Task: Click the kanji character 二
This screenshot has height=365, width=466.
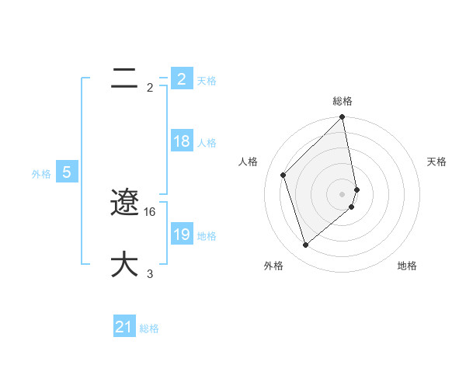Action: point(124,78)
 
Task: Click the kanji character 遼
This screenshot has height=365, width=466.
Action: point(124,203)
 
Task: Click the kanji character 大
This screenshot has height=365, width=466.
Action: point(124,264)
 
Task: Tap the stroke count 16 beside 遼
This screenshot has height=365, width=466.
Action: point(150,211)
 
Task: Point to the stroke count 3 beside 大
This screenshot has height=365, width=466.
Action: point(150,273)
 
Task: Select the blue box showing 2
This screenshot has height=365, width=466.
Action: point(181,78)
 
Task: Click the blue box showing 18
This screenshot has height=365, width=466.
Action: point(181,141)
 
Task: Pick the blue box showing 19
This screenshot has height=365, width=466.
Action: point(181,235)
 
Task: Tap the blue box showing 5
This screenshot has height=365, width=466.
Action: point(67,172)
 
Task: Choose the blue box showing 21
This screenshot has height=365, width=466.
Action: point(124,327)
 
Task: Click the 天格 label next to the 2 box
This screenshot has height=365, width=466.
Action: point(207,81)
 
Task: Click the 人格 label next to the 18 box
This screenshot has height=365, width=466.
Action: point(207,143)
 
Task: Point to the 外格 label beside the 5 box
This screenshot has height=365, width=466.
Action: point(41,174)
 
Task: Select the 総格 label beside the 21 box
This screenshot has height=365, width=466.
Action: point(149,328)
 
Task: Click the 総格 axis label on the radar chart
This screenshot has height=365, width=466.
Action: point(343,101)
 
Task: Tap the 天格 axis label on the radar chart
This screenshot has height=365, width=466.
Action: point(436,162)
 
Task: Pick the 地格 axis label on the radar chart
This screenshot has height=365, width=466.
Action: point(407,266)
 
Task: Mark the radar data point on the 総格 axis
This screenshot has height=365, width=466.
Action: point(343,118)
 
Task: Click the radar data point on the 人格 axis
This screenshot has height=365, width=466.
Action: point(283,175)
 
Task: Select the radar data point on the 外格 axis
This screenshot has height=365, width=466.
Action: point(305,245)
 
